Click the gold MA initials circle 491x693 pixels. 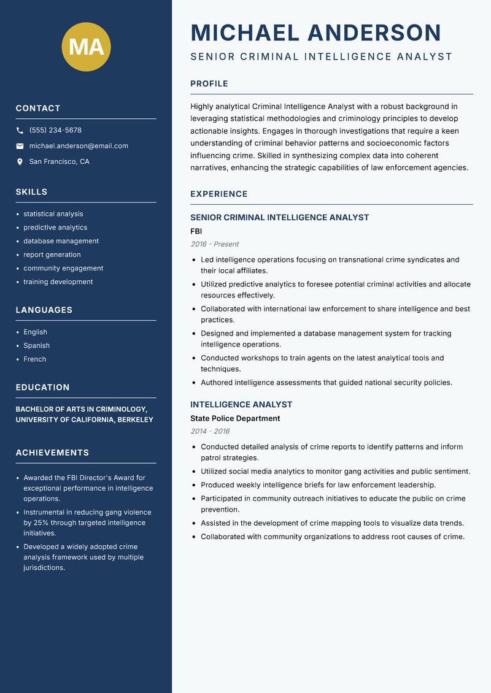pos(86,47)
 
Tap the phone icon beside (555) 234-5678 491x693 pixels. pos(20,131)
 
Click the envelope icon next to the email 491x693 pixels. pos(20,146)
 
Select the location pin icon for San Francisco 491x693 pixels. pos(20,162)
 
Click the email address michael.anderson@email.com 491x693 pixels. pos(79,146)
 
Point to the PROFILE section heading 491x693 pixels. pos(209,84)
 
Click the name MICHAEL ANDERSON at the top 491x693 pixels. pos(316,33)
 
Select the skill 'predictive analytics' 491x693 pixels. pos(55,228)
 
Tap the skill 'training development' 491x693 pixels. pos(58,282)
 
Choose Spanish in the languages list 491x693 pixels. pos(36,346)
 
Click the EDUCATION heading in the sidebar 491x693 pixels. pos(42,388)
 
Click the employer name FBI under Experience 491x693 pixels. pos(196,231)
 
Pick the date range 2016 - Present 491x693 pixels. pos(215,244)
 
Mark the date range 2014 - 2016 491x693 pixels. pos(210,431)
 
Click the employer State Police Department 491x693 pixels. pos(235,418)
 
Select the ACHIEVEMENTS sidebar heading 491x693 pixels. pos(52,453)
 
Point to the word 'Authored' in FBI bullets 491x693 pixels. pos(216,383)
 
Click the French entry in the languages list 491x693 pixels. pos(34,359)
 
